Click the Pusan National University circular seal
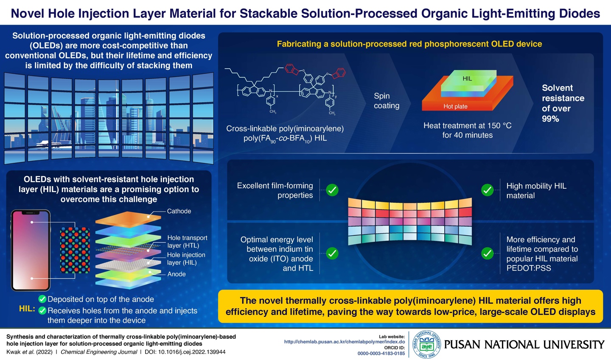pyautogui.click(x=426, y=344)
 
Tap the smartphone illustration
pyautogui.click(x=31, y=250)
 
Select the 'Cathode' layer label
pyautogui.click(x=179, y=211)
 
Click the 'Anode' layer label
pyautogui.click(x=177, y=274)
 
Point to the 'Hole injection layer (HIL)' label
pyautogui.click(x=186, y=259)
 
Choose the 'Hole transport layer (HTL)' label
pyautogui.click(x=187, y=242)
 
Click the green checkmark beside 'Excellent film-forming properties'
pyautogui.click(x=332, y=190)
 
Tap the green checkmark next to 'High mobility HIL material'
pyautogui.click(x=487, y=190)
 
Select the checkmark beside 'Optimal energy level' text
pyautogui.click(x=332, y=254)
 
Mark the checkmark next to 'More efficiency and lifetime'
pyautogui.click(x=487, y=254)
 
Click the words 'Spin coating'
pyautogui.click(x=386, y=101)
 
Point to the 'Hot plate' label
pyautogui.click(x=455, y=106)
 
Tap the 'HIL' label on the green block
pyautogui.click(x=467, y=78)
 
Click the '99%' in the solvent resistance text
pyautogui.click(x=550, y=119)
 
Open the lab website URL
pyautogui.click(x=344, y=342)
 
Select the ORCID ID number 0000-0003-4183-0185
pyautogui.click(x=381, y=353)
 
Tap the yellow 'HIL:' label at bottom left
pyautogui.click(x=27, y=309)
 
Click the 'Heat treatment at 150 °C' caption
pyautogui.click(x=467, y=126)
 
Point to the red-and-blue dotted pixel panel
pyautogui.click(x=75, y=250)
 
